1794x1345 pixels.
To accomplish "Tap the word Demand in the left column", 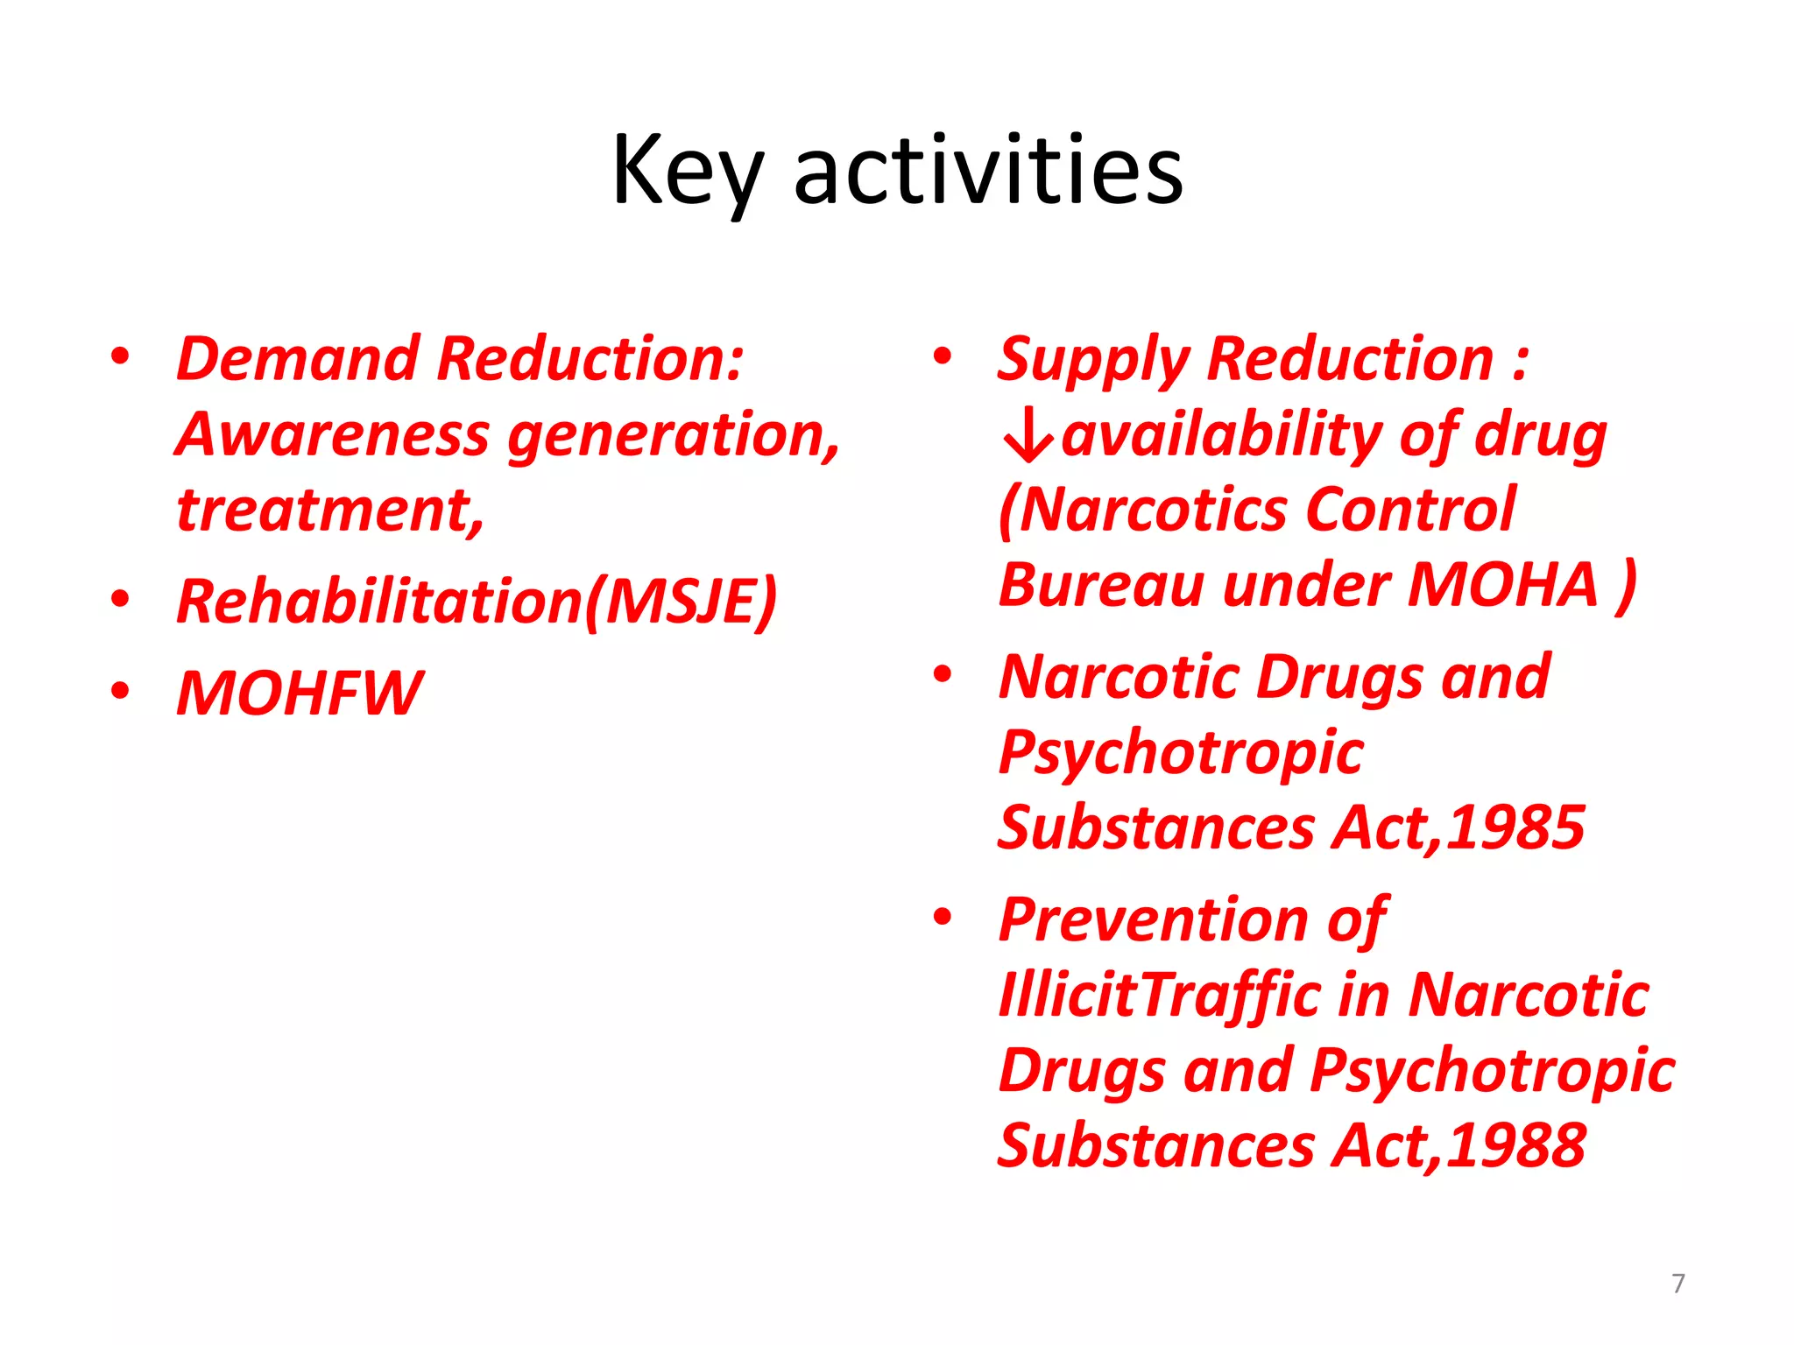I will pyautogui.click(x=298, y=359).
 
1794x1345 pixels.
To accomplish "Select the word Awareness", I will pyautogui.click(x=332, y=434).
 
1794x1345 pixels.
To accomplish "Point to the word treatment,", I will pyautogui.click(x=330, y=510).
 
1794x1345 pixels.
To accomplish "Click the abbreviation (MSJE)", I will pyautogui.click(x=681, y=602).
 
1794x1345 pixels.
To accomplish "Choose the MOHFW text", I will pyautogui.click(x=300, y=694).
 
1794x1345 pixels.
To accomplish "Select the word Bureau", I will pyautogui.click(x=1101, y=585).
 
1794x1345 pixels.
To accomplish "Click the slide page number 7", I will pyautogui.click(x=1677, y=1283).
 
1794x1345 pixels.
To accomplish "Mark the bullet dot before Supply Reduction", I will pyautogui.click(x=943, y=356).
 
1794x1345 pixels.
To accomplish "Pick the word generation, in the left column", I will pyautogui.click(x=674, y=436).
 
